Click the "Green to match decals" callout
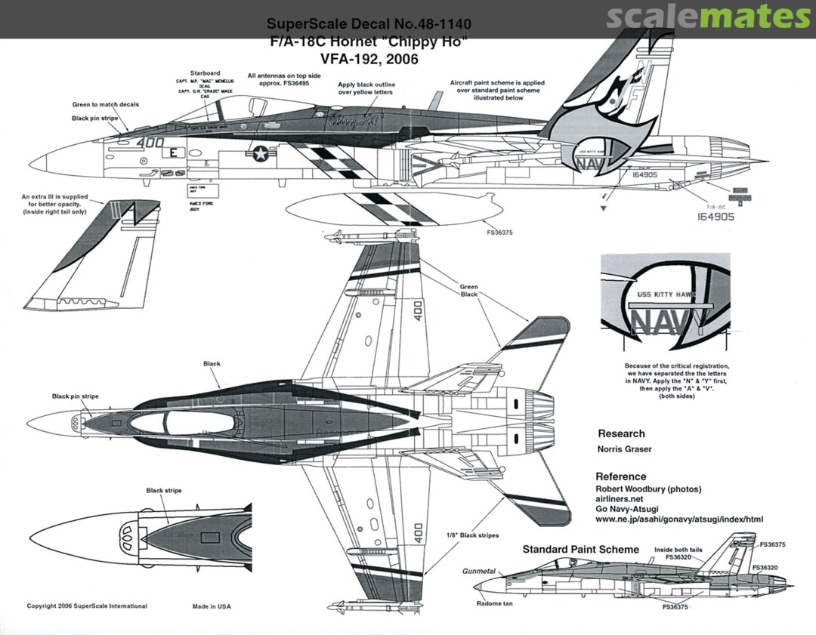pos(106,104)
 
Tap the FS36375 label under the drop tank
pos(499,233)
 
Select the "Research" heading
pos(621,434)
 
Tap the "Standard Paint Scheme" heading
pos(580,549)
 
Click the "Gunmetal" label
pos(479,572)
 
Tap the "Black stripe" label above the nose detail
pos(164,491)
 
